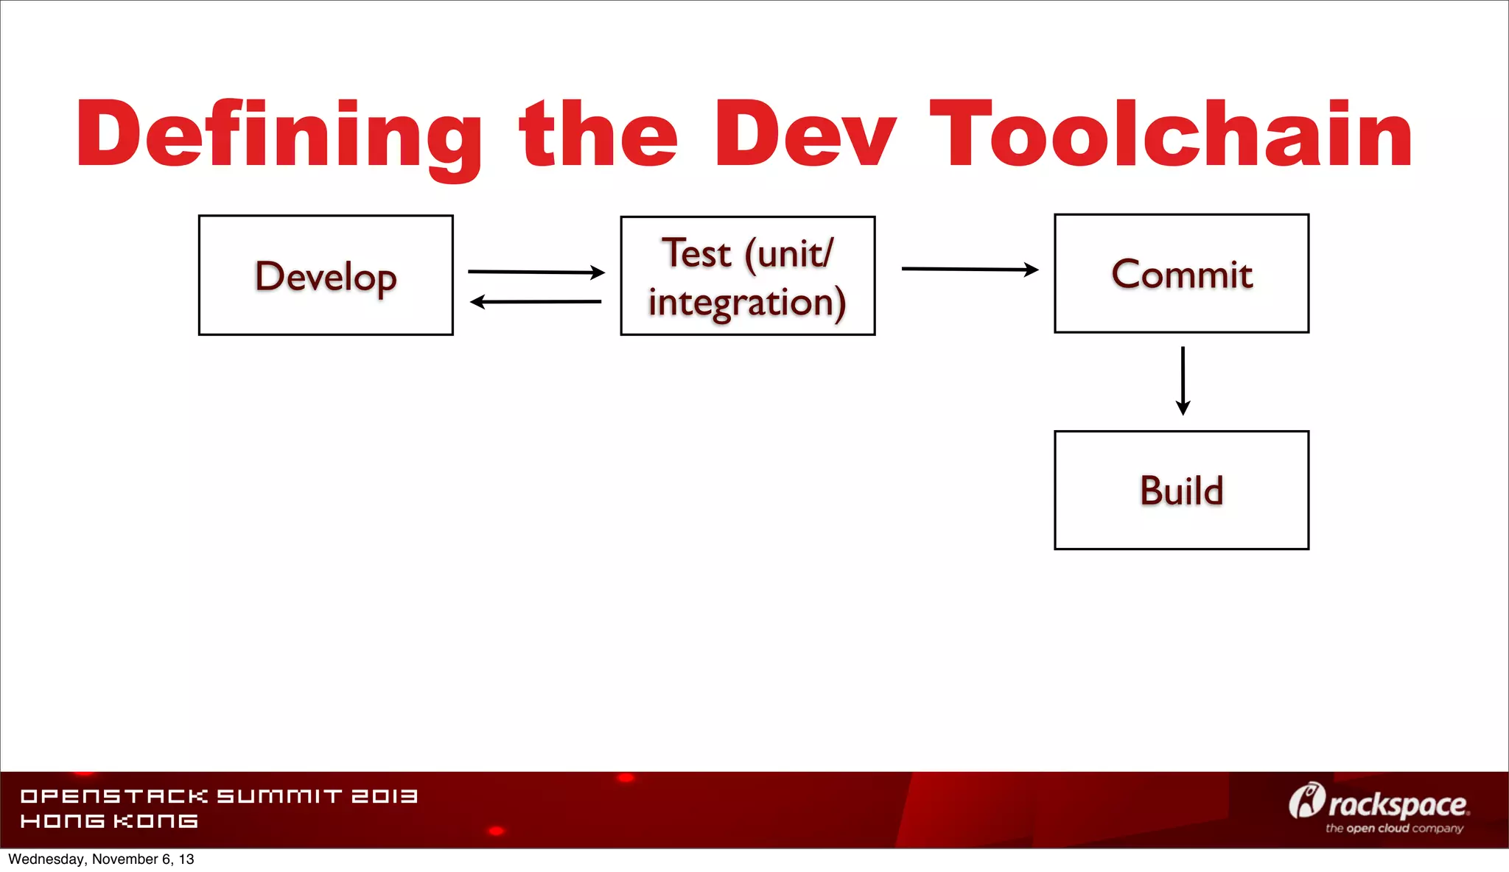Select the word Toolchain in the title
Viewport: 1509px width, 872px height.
(x=1172, y=135)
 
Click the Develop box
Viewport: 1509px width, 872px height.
(x=326, y=275)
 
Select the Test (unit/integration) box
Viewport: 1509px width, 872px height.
(x=747, y=276)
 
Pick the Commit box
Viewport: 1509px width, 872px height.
(x=1181, y=274)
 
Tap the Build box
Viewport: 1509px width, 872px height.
(x=1181, y=490)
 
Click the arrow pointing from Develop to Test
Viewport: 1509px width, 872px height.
(x=536, y=272)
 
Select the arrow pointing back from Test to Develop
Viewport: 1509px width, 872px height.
(x=536, y=301)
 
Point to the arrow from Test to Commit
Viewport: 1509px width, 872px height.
(x=970, y=270)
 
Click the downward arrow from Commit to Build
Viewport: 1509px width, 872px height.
(x=1183, y=381)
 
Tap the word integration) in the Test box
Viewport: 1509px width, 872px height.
(x=747, y=303)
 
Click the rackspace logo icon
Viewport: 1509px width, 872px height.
(x=1306, y=801)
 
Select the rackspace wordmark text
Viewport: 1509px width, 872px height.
(x=1398, y=805)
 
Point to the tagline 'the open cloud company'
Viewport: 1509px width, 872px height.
(x=1394, y=829)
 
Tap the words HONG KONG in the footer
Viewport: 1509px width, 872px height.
(x=109, y=821)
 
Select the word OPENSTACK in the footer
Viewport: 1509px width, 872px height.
(x=114, y=796)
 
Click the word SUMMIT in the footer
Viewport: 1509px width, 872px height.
(x=279, y=796)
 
